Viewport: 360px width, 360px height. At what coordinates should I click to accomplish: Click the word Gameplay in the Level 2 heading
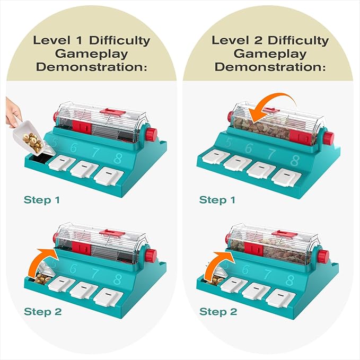[x=270, y=54]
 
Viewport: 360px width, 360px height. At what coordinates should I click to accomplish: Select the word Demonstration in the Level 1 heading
[x=91, y=67]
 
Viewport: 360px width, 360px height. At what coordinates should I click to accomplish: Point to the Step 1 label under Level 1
[x=42, y=200]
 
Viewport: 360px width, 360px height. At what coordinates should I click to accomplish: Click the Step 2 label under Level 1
[x=43, y=312]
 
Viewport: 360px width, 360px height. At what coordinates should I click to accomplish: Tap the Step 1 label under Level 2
[x=217, y=200]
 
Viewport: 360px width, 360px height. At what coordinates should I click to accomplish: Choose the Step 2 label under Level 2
[x=218, y=312]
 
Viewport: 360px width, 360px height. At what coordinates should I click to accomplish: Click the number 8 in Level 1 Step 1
[x=118, y=159]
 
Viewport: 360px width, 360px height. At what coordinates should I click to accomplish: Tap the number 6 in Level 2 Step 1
[x=249, y=148]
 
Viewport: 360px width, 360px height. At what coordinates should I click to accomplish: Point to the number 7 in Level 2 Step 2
[x=267, y=274]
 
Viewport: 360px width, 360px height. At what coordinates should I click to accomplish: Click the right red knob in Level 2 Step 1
[x=329, y=138]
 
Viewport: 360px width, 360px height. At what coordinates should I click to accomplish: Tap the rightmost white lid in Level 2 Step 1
[x=286, y=177]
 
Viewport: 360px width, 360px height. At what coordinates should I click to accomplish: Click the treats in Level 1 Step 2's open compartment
[x=43, y=279]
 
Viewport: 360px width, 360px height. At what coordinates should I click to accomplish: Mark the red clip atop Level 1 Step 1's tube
[x=112, y=112]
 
